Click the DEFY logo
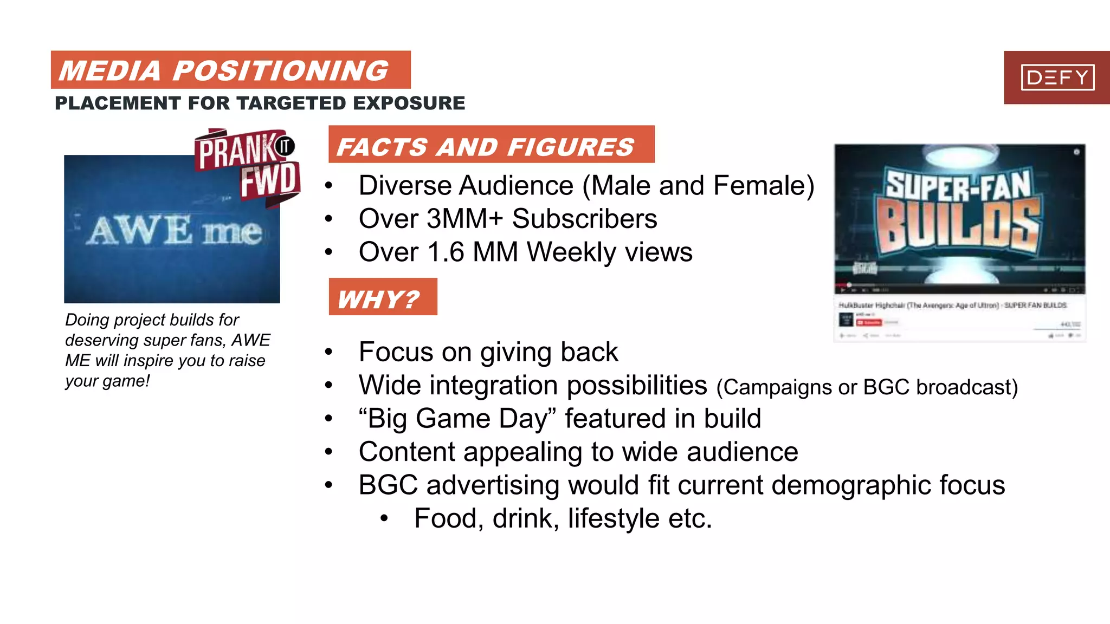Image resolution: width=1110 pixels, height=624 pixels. pos(1057,77)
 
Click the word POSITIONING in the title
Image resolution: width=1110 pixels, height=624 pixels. pos(280,71)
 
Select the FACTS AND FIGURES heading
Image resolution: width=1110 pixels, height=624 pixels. pos(485,147)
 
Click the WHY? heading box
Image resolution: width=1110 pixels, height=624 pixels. pos(382,298)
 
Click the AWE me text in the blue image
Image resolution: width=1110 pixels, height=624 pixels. pos(175,231)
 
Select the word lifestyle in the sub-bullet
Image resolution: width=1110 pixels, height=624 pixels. pos(614,519)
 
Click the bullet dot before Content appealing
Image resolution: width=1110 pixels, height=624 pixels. pos(328,452)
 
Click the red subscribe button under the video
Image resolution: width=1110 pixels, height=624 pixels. pos(869,322)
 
